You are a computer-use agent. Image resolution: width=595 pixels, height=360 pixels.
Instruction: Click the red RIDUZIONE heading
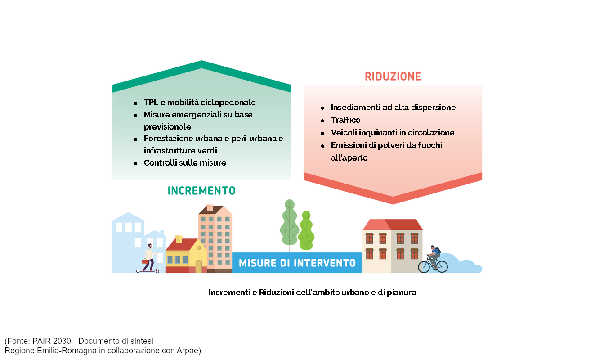click(x=393, y=76)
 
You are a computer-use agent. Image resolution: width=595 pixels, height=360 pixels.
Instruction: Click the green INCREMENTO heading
click(x=201, y=191)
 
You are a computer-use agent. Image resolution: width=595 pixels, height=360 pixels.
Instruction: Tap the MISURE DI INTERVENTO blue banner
click(x=297, y=263)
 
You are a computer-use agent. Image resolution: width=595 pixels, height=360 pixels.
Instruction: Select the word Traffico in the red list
click(x=345, y=120)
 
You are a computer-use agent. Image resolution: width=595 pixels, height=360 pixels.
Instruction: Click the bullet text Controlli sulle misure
click(x=185, y=163)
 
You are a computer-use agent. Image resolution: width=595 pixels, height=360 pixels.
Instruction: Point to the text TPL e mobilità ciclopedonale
click(x=200, y=103)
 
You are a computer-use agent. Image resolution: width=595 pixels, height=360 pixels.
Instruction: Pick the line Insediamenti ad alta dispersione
click(x=393, y=108)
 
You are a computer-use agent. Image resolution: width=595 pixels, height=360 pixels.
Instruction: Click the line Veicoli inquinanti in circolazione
click(x=393, y=133)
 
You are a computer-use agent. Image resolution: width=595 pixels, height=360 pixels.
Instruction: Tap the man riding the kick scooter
click(x=148, y=258)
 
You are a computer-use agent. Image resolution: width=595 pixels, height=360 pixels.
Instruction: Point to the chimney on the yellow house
click(x=179, y=239)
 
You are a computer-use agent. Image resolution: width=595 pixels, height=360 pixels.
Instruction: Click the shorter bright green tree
click(x=306, y=231)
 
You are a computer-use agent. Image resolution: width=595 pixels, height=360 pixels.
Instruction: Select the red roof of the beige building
click(x=393, y=225)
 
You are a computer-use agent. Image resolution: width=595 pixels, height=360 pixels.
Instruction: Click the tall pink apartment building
click(x=215, y=239)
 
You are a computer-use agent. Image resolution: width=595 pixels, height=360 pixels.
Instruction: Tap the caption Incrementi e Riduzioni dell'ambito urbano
click(x=312, y=292)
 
